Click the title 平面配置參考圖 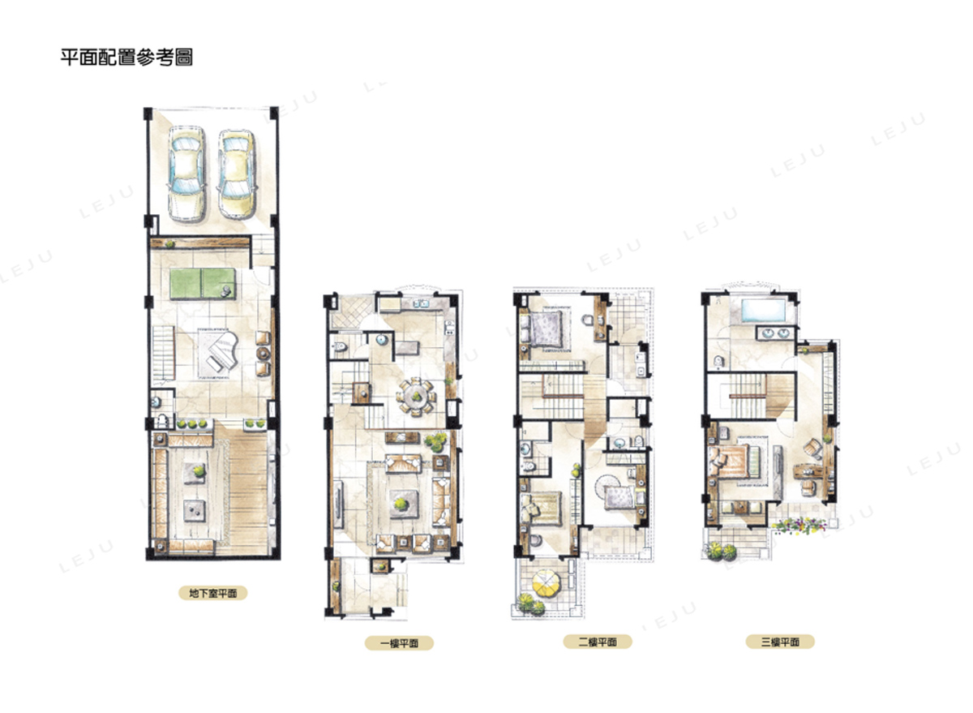coord(126,58)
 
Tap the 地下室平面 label coord(212,593)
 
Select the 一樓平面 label coord(399,643)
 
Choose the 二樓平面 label coord(598,642)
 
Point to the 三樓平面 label coord(780,642)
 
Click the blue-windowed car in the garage coord(186,173)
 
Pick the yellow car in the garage coord(236,173)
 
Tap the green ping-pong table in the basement coord(203,284)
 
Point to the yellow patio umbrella coord(546,583)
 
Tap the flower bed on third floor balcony coord(799,526)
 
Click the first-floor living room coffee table coord(404,504)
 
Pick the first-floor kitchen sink coord(420,303)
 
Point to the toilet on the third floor coord(718,361)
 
